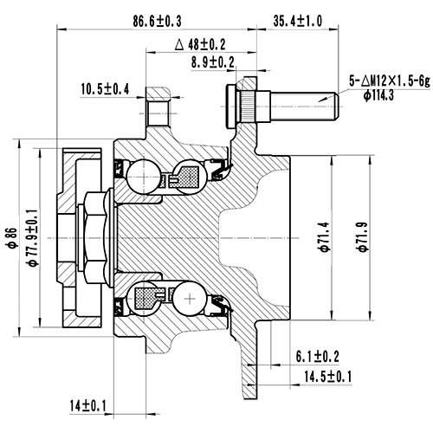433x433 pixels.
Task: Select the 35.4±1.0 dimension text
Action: pos(298,18)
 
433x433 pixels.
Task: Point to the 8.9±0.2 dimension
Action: pos(212,61)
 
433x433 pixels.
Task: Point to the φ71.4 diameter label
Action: pos(323,233)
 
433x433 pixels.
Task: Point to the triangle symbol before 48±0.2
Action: pos(179,42)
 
